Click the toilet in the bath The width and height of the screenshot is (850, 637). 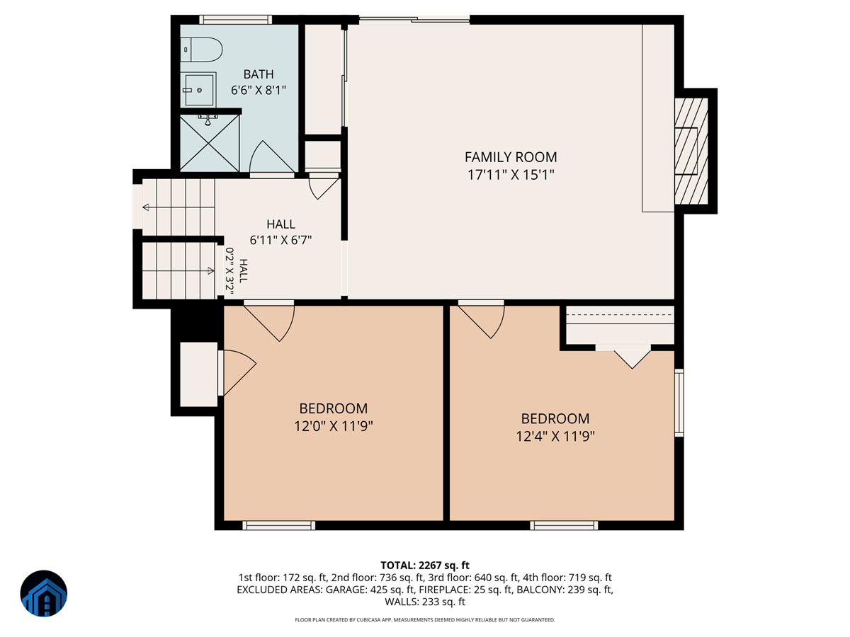(x=201, y=50)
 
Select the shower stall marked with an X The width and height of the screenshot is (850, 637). (x=210, y=143)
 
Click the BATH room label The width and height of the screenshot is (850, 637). (x=259, y=74)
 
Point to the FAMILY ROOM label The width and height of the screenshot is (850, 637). (x=511, y=157)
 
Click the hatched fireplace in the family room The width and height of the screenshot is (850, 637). (x=691, y=151)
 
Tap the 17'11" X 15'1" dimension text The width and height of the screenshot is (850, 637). (x=511, y=175)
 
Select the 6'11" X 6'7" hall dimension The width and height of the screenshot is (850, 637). (x=280, y=240)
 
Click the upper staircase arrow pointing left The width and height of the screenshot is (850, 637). (x=178, y=207)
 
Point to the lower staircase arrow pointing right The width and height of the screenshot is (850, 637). (x=178, y=270)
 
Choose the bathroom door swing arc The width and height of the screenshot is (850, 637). (x=272, y=156)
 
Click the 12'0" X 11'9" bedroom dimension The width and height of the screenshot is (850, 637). (x=333, y=426)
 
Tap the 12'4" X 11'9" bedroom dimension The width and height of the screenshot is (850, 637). (x=555, y=436)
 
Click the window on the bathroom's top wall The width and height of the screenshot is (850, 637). (x=235, y=20)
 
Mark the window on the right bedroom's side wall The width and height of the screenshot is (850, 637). (x=679, y=403)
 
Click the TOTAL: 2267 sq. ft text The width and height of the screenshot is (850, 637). (x=425, y=565)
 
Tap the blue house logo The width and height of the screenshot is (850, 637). (x=44, y=593)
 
